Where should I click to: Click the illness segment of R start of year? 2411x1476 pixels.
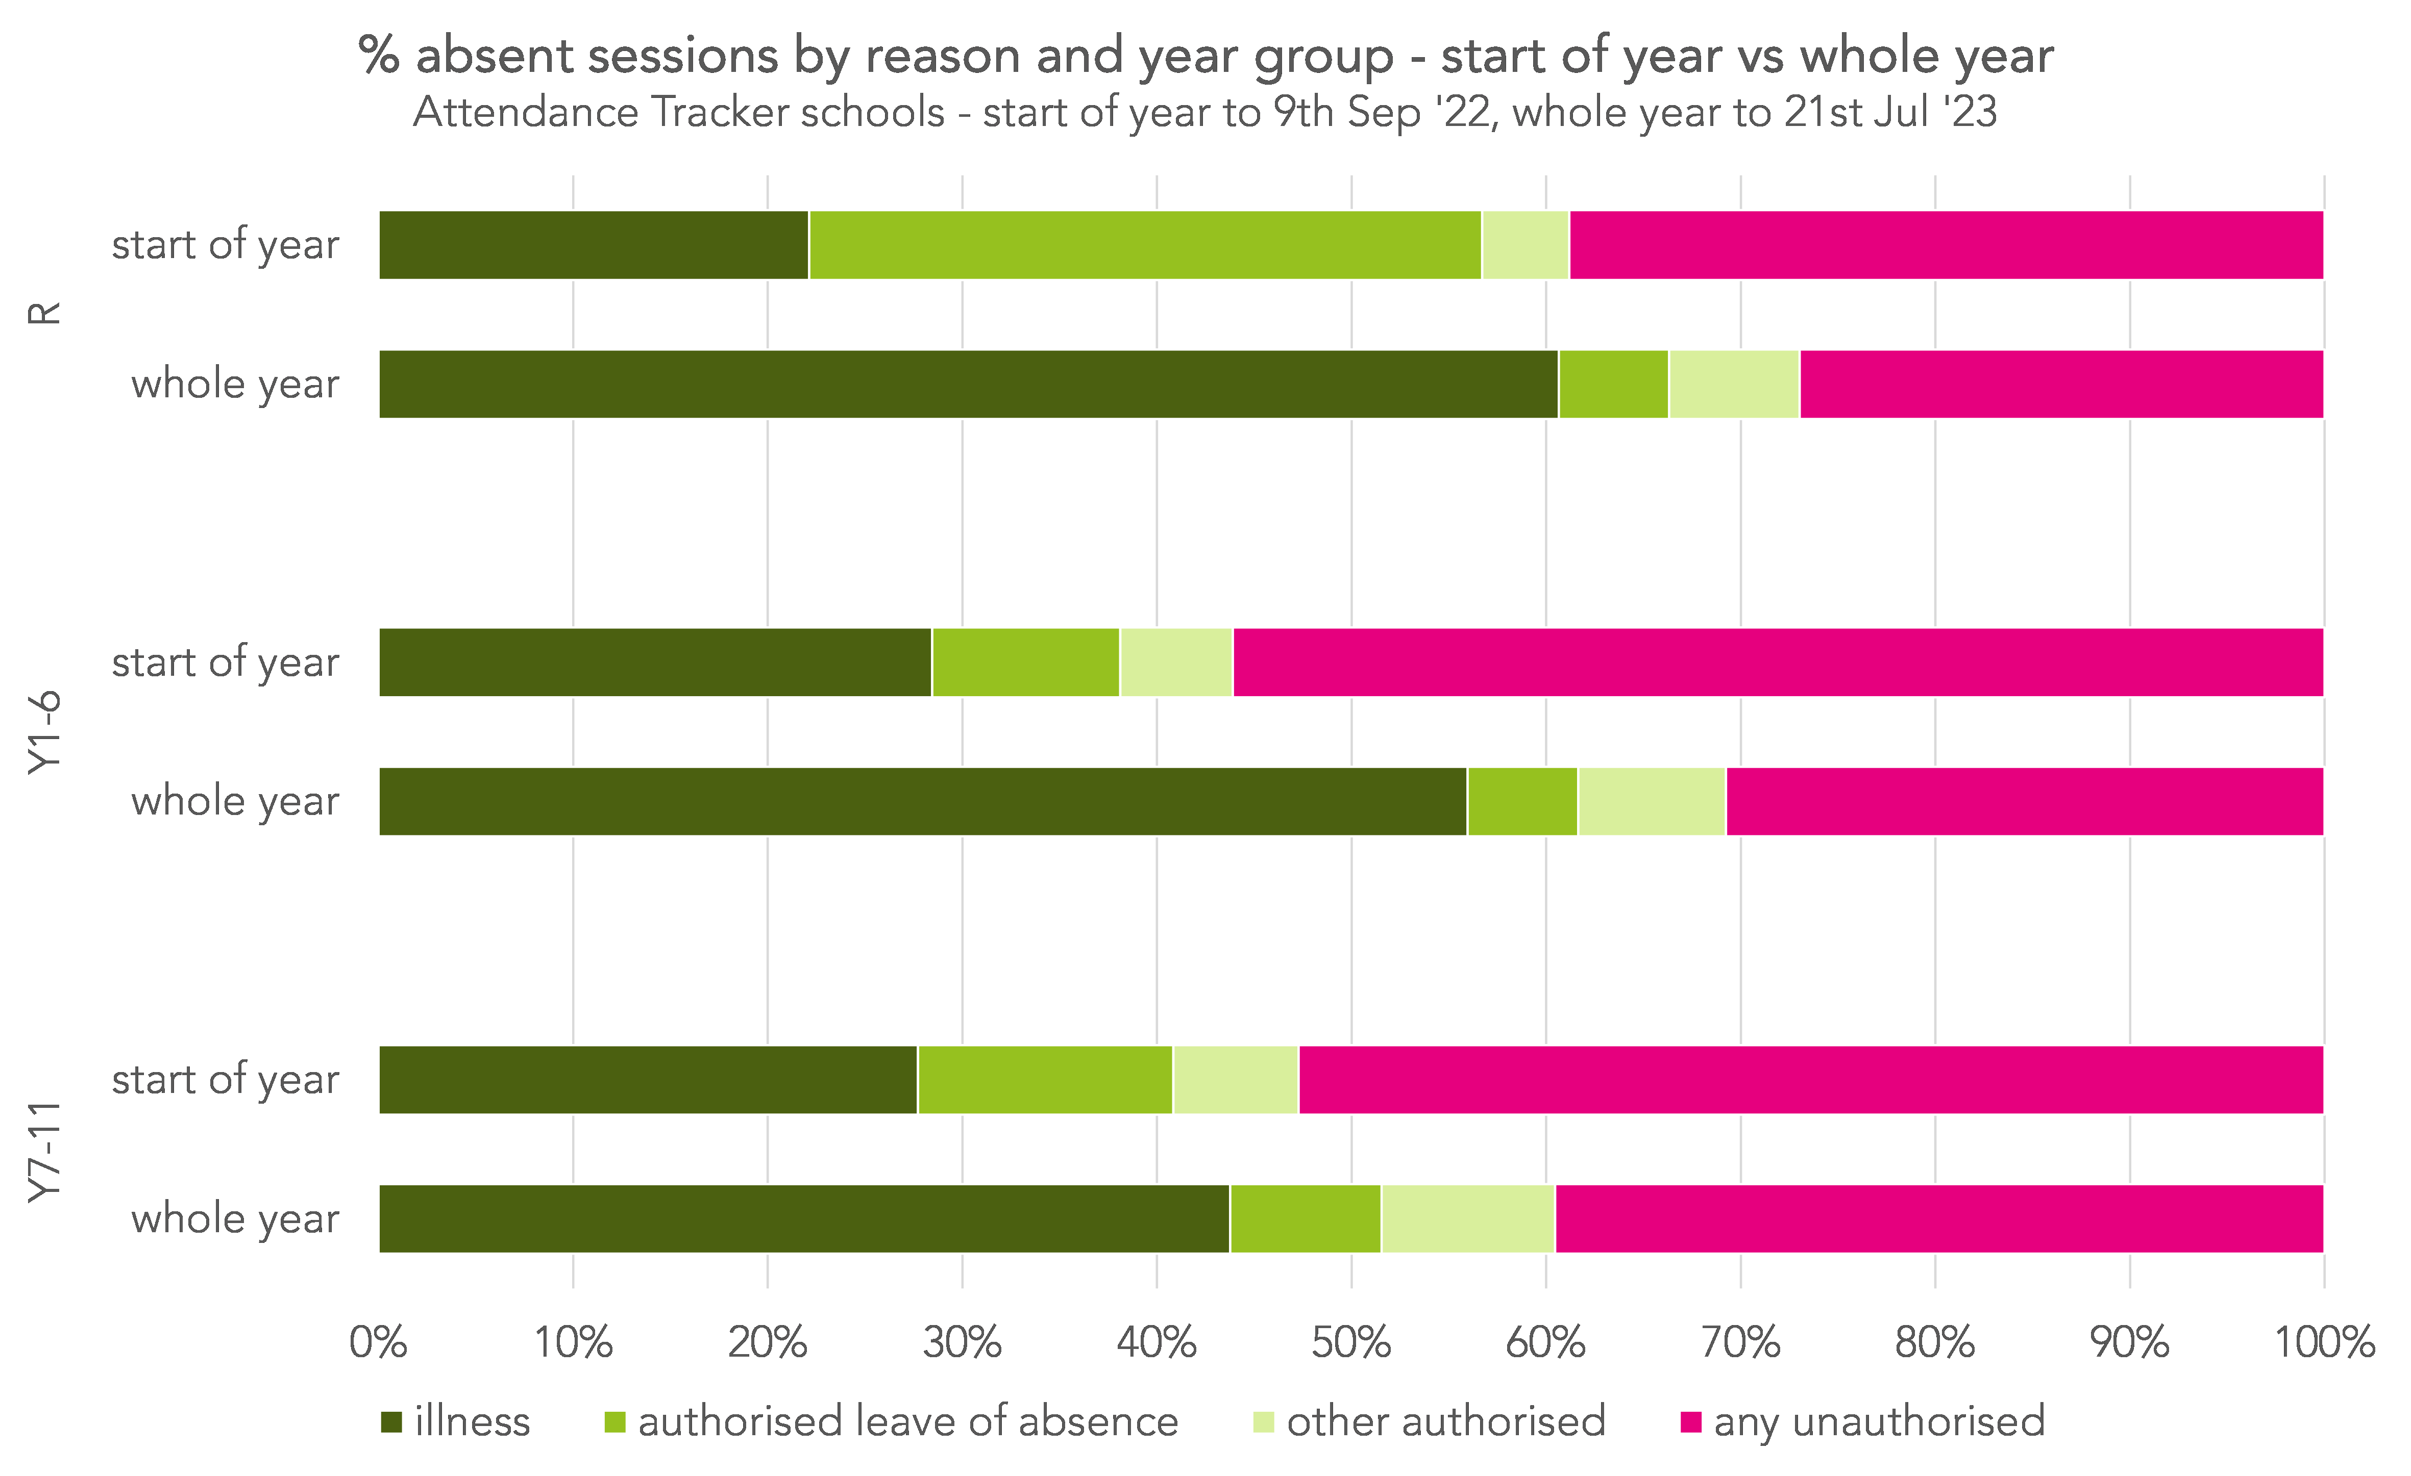click(x=594, y=244)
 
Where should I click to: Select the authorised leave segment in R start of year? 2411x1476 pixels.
click(x=1145, y=244)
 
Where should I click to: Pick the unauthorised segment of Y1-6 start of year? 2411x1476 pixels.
click(x=1778, y=662)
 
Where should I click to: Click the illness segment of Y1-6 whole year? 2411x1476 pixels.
click(x=923, y=801)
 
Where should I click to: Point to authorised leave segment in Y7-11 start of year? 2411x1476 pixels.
click(x=1045, y=1080)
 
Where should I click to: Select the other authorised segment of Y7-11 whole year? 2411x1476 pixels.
click(x=1468, y=1219)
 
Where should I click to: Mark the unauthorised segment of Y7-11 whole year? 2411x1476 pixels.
click(x=1939, y=1219)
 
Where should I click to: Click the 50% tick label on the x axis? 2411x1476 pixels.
click(x=1351, y=1343)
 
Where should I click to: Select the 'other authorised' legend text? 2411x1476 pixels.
click(x=1446, y=1421)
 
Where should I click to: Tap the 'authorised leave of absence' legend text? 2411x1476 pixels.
click(x=908, y=1421)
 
